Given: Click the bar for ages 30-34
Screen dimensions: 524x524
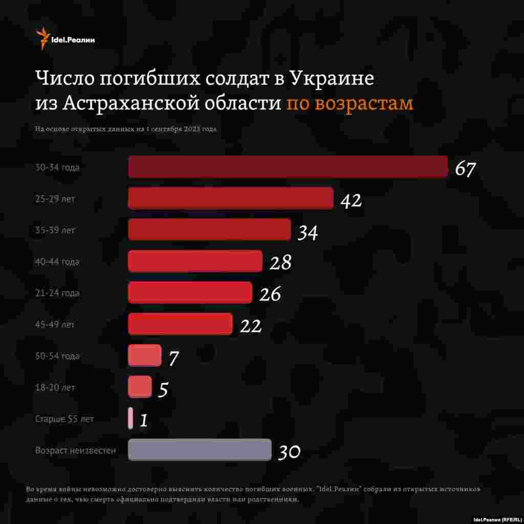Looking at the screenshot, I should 288,167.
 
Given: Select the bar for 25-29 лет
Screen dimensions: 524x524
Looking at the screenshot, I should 230,198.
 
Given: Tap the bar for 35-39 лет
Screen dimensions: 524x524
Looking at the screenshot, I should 209,230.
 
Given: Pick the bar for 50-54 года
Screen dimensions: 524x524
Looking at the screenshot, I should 144,356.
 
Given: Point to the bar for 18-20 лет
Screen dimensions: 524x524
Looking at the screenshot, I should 140,387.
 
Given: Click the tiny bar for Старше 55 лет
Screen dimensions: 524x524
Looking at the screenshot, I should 130,418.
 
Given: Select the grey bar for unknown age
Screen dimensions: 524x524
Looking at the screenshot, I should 200,450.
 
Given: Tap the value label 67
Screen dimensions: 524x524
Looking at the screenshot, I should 466,169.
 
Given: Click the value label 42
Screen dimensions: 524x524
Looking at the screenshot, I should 351,201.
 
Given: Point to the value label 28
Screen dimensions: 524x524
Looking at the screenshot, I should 280,263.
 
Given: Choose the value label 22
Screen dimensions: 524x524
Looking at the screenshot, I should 251,326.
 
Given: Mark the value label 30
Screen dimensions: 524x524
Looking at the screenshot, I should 289,452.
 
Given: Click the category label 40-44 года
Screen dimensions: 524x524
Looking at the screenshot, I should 57,262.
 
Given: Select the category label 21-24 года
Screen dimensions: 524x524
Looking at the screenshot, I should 57,293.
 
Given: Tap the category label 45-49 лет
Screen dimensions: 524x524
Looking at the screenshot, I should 55,324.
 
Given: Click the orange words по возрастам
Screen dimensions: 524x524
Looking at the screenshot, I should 350,103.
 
